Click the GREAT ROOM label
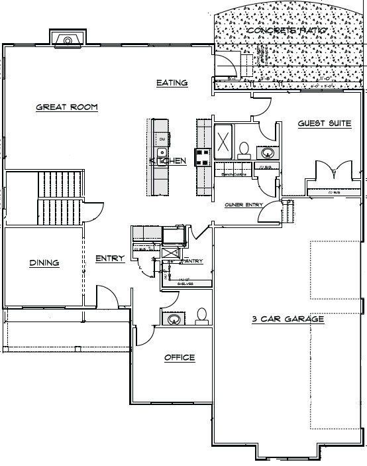[x=67, y=107]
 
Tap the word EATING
[x=172, y=83]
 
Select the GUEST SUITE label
[x=324, y=123]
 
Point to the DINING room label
[x=44, y=263]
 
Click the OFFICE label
[x=179, y=358]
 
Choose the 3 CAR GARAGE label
[x=288, y=320]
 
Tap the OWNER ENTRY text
[x=244, y=204]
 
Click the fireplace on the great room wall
[x=66, y=39]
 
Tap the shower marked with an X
[x=224, y=141]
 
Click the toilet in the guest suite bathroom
[x=243, y=150]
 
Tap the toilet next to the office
[x=201, y=316]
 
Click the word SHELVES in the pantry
[x=174, y=280]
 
